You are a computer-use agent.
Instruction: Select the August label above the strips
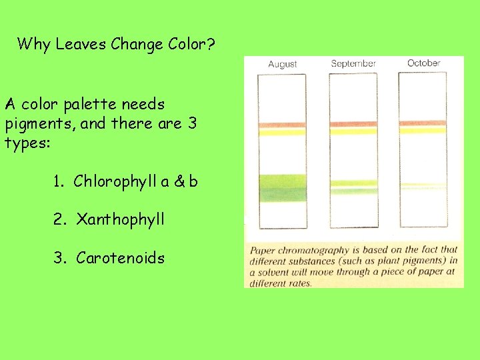click(282, 64)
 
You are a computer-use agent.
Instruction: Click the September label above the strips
click(353, 64)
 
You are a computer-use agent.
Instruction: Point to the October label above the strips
click(424, 63)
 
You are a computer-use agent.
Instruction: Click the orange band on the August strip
click(281, 125)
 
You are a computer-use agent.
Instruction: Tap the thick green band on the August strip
click(281, 181)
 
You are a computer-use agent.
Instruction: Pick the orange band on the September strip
click(353, 124)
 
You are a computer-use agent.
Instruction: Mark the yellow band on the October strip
click(422, 131)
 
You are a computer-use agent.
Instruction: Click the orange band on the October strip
click(422, 123)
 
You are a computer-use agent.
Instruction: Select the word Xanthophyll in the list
click(121, 219)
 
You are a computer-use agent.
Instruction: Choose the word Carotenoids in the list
click(121, 257)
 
